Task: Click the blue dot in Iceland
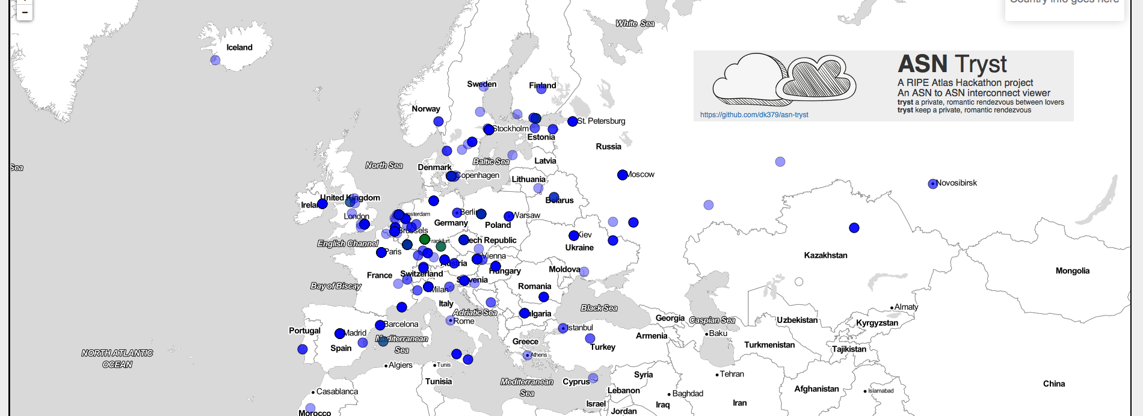tap(215, 60)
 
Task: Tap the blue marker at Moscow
tap(622, 175)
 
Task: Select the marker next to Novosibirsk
tap(932, 184)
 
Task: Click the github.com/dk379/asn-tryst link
tap(754, 115)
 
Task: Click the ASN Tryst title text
tap(952, 64)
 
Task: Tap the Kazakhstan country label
tap(825, 255)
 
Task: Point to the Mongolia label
tap(1072, 271)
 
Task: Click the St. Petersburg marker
tap(572, 121)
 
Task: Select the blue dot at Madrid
tap(339, 334)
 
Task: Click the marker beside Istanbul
tap(562, 328)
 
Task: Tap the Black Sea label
tap(599, 308)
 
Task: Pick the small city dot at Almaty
tap(892, 308)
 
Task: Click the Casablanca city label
tap(337, 391)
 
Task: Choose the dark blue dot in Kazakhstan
tap(854, 228)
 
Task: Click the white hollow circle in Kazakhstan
tap(799, 281)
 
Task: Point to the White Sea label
tap(635, 23)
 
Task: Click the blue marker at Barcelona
tap(380, 325)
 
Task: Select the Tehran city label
tap(732, 374)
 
